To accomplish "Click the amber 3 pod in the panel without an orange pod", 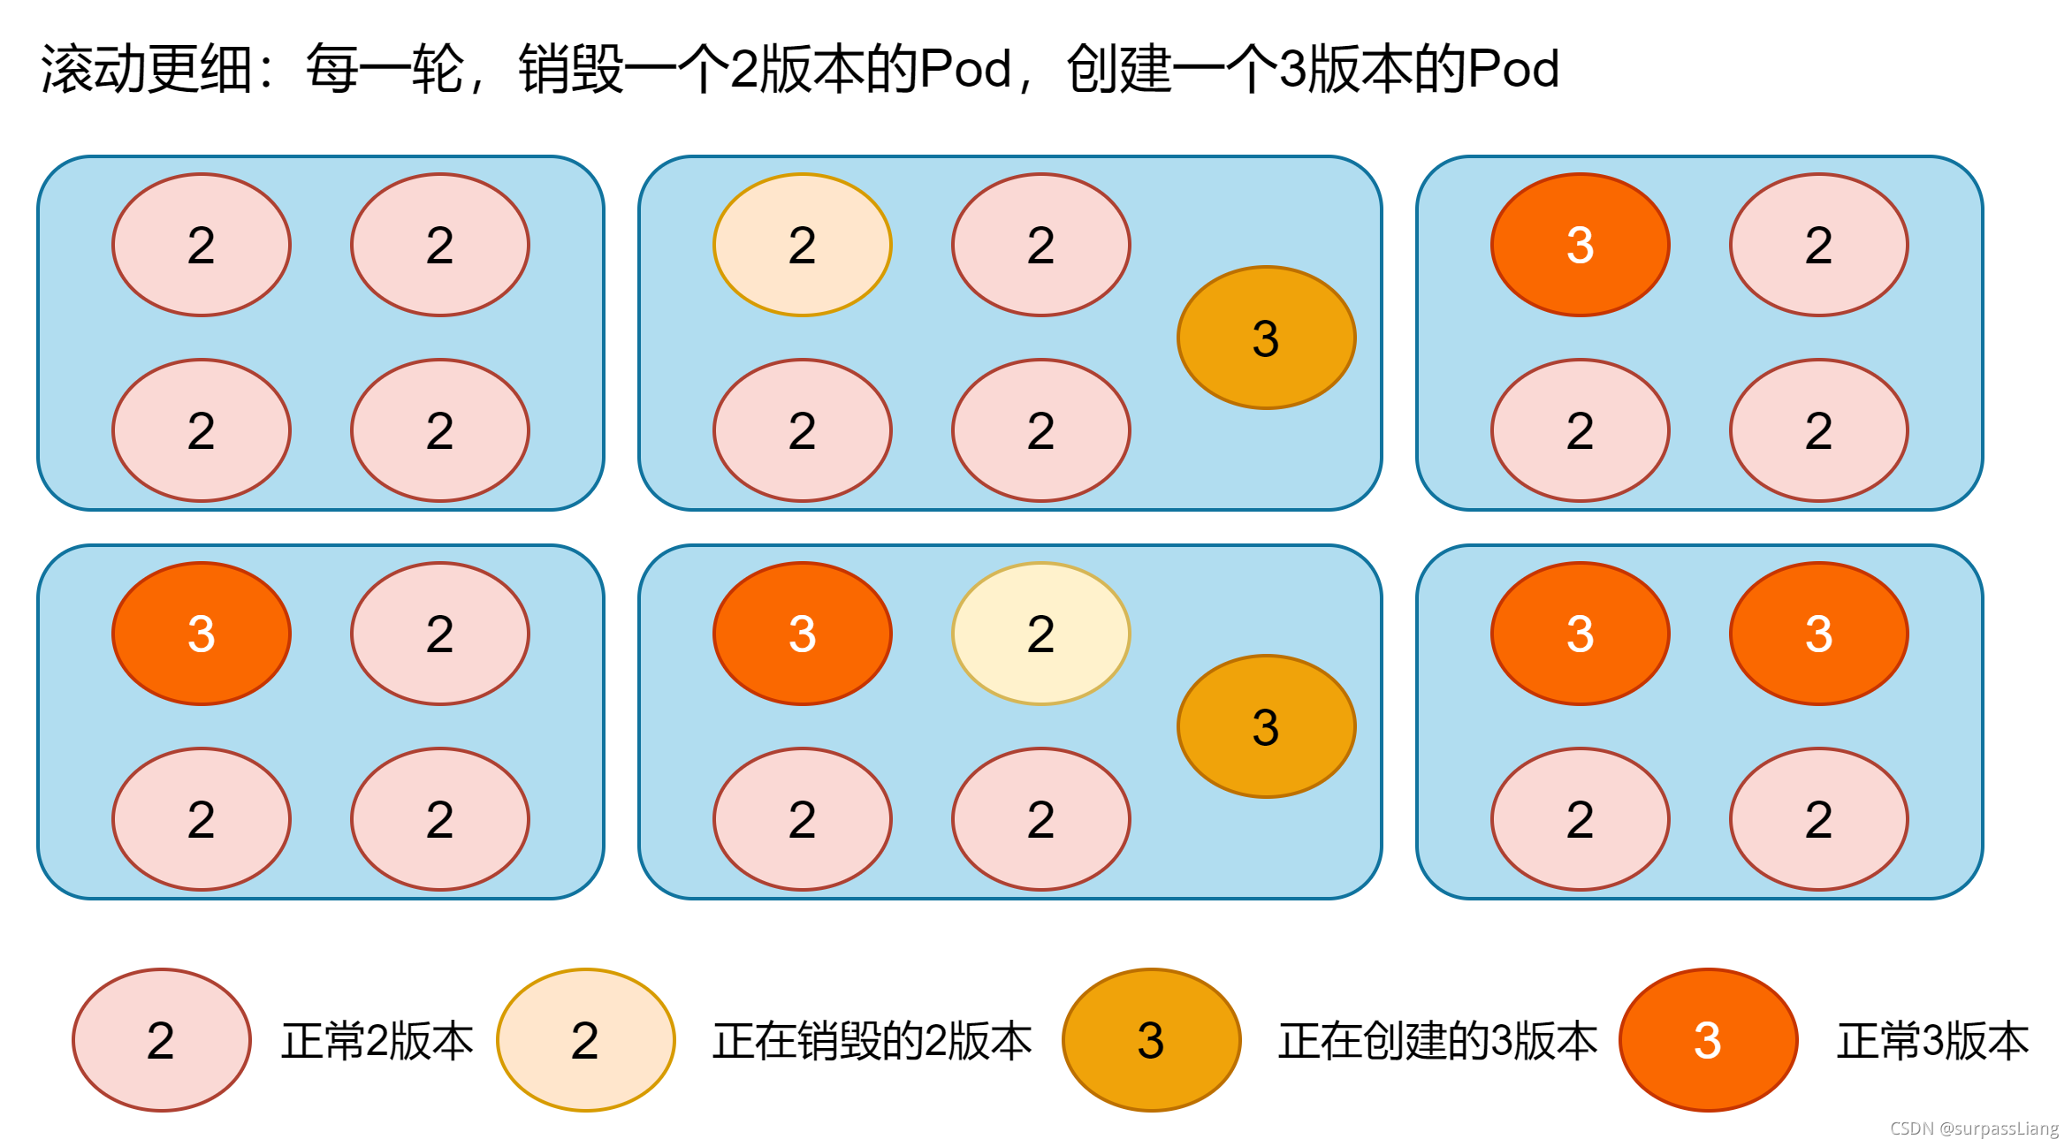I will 1266,338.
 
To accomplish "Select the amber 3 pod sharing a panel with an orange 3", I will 1266,726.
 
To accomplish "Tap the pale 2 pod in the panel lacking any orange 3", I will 802,245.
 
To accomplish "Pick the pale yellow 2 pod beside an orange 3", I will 1040,634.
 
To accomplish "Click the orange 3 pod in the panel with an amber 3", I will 802,634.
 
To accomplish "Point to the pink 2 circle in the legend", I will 161,1040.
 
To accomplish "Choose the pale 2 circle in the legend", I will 585,1040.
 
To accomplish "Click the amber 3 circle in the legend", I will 1151,1040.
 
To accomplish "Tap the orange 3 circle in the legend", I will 1708,1040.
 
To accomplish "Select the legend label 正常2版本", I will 377,1041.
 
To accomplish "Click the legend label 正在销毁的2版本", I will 872,1041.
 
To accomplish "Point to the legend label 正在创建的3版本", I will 1438,1041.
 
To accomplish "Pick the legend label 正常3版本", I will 1933,1041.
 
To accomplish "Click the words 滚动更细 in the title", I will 147,69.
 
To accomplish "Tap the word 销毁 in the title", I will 571,69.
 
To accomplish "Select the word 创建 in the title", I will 1119,69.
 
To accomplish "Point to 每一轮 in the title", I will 385,69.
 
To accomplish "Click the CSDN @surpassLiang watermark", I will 1974,1128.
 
